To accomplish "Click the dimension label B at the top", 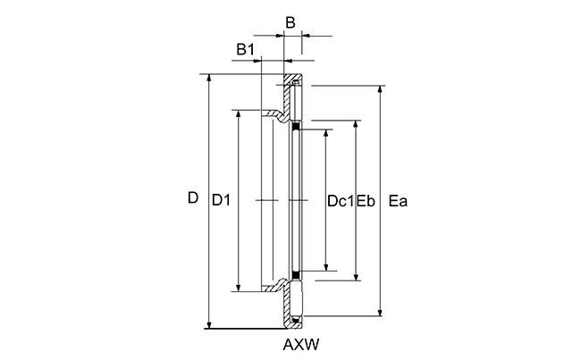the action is [290, 22].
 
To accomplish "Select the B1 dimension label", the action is [246, 49].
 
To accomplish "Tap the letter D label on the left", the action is [193, 198].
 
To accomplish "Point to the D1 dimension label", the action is [221, 200].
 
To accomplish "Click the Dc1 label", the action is [341, 201].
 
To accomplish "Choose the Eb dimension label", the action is [366, 201].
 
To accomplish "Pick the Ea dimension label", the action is [398, 201].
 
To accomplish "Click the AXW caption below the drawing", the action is [301, 345].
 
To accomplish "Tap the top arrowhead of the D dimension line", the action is [209, 78].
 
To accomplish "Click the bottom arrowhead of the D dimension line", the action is [209, 325].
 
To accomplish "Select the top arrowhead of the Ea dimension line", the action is [380, 89].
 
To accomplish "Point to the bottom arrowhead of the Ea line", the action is [380, 313].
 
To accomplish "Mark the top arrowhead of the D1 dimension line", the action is [239, 113].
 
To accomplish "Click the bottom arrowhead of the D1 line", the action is [239, 289].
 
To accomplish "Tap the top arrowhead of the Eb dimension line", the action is [356, 123].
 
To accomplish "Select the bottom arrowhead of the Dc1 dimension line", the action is [326, 267].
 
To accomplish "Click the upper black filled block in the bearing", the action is [296, 127].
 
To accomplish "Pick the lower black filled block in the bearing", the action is [296, 275].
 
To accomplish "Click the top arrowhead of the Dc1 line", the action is [326, 133].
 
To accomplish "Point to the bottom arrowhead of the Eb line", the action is [356, 278].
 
